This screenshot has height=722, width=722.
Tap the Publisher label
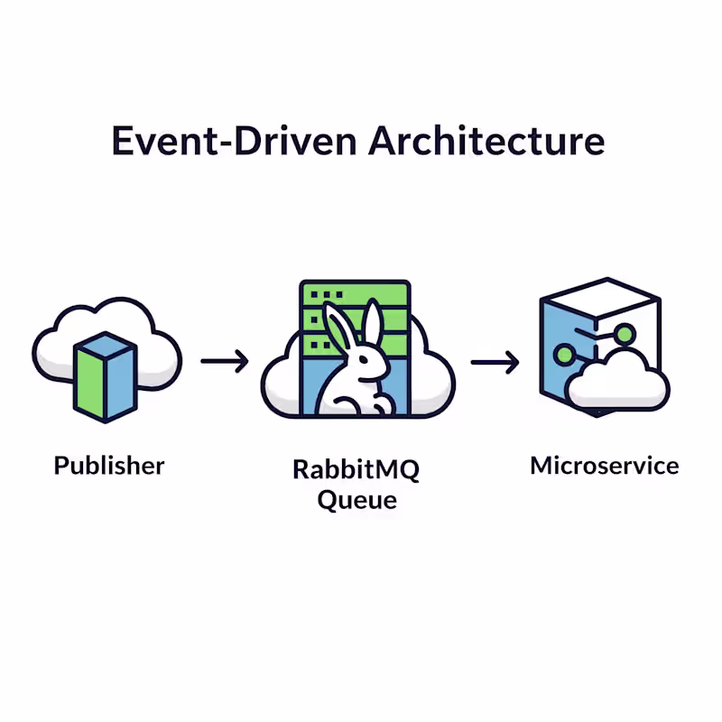(109, 466)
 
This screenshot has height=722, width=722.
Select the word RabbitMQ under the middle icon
(356, 470)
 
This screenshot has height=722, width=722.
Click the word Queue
(356, 499)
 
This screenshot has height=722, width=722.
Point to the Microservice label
(604, 466)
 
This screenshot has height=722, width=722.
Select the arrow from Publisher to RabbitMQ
(225, 363)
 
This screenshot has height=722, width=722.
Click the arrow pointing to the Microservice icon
(495, 363)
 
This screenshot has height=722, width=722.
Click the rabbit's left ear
(338, 329)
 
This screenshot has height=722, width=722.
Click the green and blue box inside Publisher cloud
(106, 375)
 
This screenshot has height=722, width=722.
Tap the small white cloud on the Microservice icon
(619, 380)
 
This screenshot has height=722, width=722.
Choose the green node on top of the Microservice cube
(623, 335)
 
